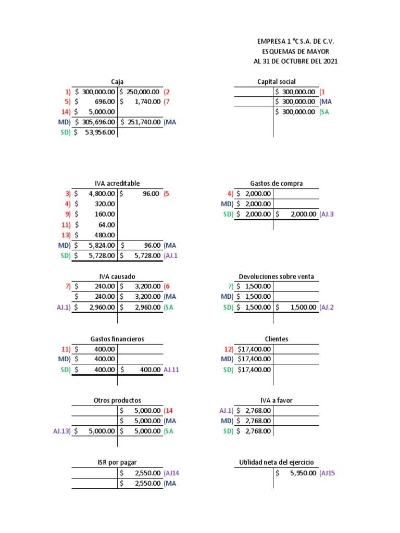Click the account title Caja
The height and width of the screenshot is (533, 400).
117,81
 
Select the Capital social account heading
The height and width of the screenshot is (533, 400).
276,81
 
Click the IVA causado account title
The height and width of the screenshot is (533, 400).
117,276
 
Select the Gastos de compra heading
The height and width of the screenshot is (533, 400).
276,183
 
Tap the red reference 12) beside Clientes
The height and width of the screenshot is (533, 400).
229,349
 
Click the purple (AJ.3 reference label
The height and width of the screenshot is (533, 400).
327,214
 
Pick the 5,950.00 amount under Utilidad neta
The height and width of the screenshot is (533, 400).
300,473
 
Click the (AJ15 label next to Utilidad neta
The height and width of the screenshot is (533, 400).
327,473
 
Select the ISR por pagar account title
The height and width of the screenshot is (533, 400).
117,462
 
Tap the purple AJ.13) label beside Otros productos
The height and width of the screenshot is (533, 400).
61,431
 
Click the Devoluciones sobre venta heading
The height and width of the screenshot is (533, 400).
276,276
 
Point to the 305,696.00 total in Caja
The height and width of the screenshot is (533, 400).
98,122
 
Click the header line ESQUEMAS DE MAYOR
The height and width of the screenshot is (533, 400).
295,51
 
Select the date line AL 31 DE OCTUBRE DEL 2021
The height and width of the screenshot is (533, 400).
295,61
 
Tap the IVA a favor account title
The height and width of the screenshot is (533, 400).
276,400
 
